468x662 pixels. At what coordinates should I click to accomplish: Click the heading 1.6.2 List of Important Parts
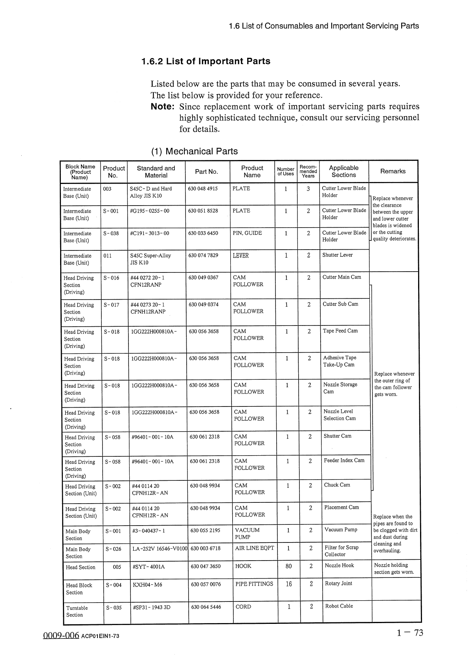(x=206, y=61)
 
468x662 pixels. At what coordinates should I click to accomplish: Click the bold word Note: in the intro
(x=162, y=107)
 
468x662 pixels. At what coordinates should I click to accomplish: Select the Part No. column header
(x=206, y=171)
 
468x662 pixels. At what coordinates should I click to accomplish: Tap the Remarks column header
(x=393, y=171)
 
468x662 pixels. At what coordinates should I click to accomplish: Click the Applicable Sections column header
(x=343, y=171)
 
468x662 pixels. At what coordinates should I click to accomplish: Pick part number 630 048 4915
(x=202, y=189)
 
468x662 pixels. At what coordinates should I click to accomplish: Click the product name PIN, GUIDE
(x=247, y=233)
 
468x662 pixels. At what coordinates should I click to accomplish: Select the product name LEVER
(x=240, y=256)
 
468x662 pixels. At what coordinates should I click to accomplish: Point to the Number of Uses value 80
(x=288, y=566)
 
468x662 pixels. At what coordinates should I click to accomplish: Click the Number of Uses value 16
(x=288, y=584)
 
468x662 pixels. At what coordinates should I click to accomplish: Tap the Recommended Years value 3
(x=308, y=189)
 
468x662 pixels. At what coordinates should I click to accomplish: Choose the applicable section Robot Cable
(x=339, y=606)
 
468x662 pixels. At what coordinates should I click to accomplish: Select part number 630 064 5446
(x=206, y=607)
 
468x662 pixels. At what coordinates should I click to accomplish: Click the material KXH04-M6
(x=147, y=585)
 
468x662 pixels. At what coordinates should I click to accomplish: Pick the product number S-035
(x=114, y=607)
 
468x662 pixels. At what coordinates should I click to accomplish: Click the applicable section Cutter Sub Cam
(x=340, y=304)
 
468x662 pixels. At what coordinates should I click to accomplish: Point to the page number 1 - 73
(x=410, y=633)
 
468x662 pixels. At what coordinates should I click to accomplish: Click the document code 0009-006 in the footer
(x=61, y=636)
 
